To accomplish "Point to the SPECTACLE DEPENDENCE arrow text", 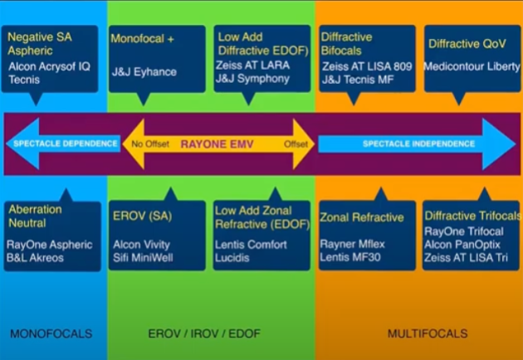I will point(65,144).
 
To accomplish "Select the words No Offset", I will point(150,144).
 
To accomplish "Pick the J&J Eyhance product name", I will point(144,72).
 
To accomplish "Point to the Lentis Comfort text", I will point(251,245).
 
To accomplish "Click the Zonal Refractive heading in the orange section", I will point(363,217).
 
